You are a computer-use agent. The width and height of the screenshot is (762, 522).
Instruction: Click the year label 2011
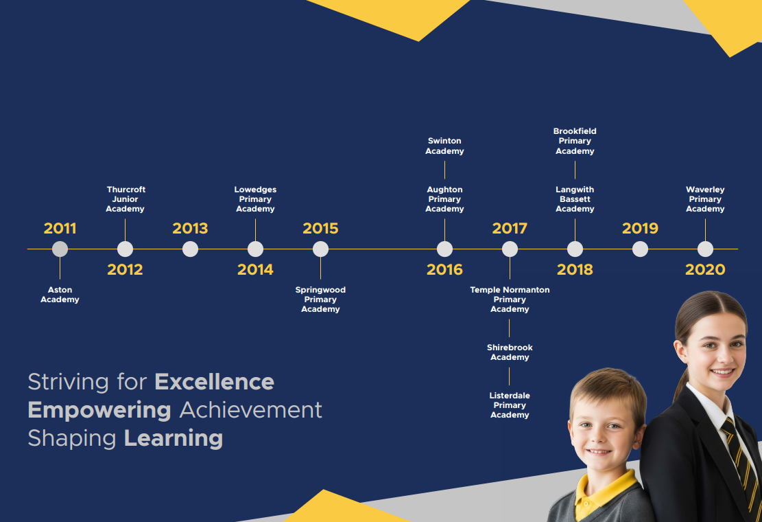[x=60, y=228]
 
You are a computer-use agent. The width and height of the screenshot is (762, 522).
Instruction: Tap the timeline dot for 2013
[x=190, y=249]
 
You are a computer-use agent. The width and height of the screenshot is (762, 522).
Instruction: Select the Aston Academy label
[x=60, y=295]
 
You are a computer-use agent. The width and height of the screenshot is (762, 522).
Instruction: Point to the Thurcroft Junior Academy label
[x=126, y=199]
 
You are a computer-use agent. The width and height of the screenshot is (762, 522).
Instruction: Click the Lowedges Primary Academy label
[x=255, y=199]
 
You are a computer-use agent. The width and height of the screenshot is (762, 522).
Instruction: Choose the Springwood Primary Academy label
[x=320, y=299]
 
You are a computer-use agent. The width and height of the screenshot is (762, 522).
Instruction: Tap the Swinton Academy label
[x=444, y=146]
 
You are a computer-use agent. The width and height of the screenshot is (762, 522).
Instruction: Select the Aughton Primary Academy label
[x=444, y=199]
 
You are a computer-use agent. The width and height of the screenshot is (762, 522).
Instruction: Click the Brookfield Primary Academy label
[x=575, y=141]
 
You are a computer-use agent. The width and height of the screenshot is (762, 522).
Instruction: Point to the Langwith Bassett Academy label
[x=575, y=199]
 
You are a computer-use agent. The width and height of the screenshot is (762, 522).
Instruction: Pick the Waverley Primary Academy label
[x=705, y=199]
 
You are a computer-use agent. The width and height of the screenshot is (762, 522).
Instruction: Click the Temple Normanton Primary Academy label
[x=510, y=299]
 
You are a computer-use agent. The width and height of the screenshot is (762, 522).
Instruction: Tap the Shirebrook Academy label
[x=510, y=352]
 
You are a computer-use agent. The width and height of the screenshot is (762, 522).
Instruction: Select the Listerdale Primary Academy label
[x=510, y=405]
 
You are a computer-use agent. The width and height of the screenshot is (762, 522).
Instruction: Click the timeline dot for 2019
[x=640, y=249]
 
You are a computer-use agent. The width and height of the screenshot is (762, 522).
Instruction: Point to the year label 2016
[x=444, y=269]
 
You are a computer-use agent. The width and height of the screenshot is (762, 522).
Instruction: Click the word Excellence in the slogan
[x=214, y=382]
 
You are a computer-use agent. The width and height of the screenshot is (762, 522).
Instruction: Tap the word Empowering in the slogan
[x=99, y=411]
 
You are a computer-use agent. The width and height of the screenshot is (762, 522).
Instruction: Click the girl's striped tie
[x=740, y=462]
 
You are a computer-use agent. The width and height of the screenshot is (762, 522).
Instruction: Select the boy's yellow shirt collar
[x=603, y=491]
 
